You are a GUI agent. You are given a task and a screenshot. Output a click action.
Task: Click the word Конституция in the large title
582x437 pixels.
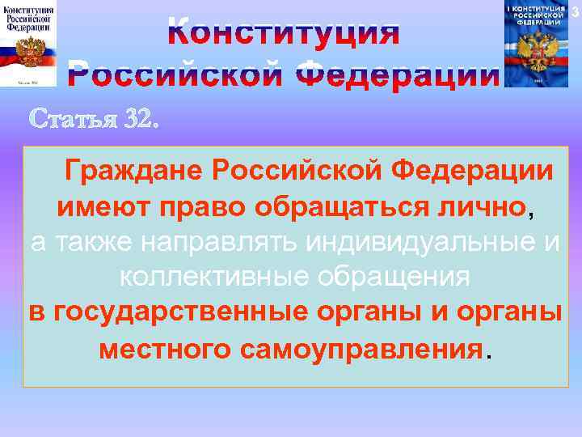pos(285,33)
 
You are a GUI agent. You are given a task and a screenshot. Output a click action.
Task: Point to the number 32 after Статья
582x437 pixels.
pos(137,119)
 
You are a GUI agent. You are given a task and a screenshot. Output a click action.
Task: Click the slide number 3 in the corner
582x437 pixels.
pos(576,9)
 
